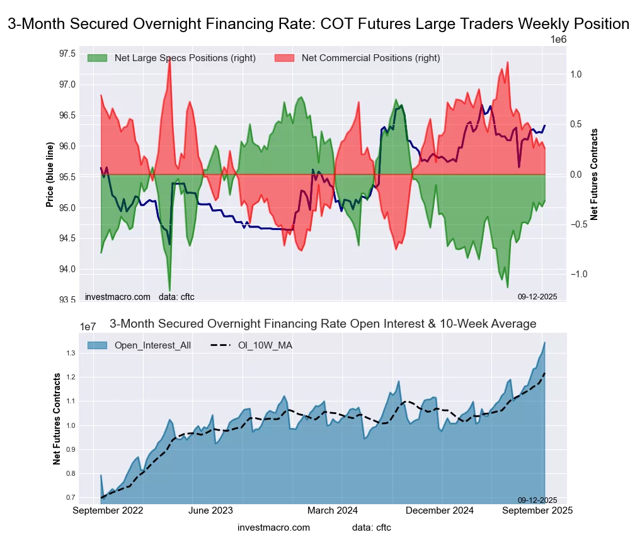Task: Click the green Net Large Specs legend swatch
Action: click(98, 58)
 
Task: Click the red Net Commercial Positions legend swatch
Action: click(285, 58)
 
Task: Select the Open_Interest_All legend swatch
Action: click(98, 345)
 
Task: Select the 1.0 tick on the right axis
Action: click(575, 74)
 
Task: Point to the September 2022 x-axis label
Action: click(108, 510)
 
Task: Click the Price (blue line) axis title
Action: click(49, 175)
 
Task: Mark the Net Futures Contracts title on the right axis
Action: click(594, 175)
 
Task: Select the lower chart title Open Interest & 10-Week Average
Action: click(323, 324)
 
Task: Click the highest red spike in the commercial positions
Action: click(169, 58)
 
